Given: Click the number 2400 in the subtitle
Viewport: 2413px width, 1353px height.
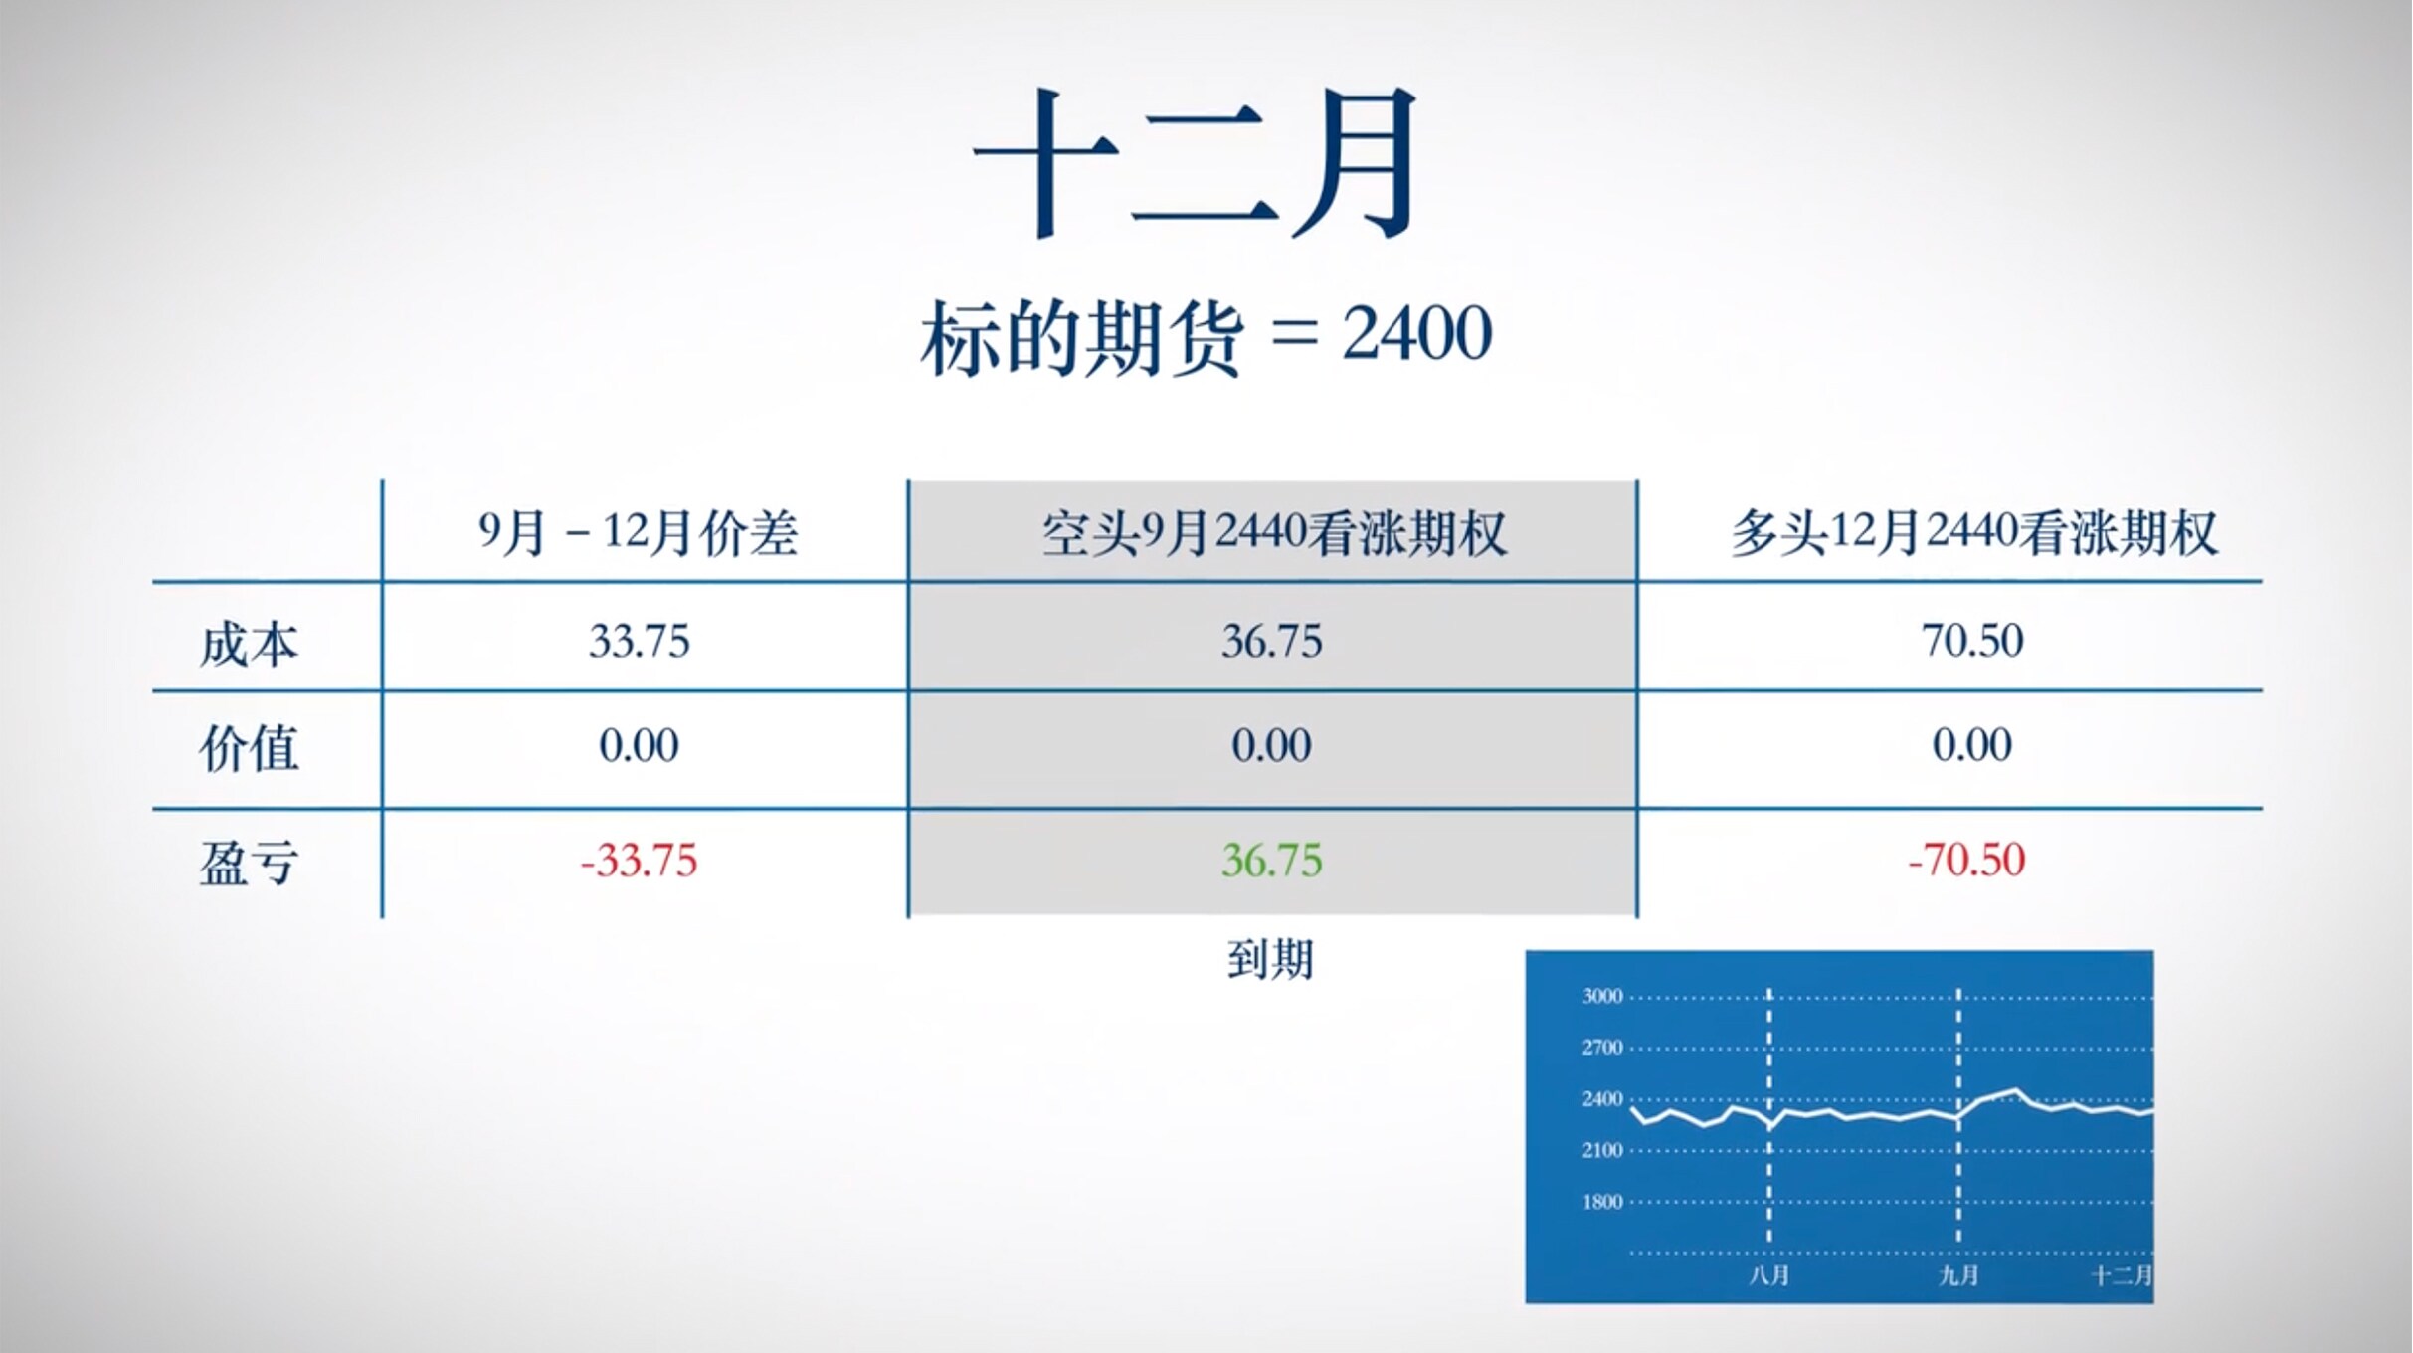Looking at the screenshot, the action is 1417,334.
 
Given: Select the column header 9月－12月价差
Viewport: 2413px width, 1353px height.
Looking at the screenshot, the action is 639,533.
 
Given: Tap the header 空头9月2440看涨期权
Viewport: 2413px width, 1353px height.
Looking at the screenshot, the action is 1274,533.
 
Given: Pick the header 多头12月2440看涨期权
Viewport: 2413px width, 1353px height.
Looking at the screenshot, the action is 1974,533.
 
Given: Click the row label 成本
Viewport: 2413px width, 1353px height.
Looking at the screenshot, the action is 249,644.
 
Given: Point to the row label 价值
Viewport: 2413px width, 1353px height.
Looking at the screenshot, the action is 249,748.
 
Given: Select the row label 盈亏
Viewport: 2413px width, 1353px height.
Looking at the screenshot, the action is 249,863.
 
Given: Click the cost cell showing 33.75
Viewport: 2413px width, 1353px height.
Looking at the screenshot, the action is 639,641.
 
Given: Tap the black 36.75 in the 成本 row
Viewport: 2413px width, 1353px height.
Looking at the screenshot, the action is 1272,641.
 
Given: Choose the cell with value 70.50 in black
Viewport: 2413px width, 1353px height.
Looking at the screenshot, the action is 1972,640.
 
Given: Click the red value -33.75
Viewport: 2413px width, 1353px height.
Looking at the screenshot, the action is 639,861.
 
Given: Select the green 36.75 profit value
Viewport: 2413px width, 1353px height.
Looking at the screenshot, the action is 1272,861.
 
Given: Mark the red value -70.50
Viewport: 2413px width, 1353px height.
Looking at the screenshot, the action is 1966,861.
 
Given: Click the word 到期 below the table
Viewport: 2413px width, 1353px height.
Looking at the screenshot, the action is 1270,960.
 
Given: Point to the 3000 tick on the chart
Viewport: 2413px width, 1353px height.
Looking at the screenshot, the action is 1602,996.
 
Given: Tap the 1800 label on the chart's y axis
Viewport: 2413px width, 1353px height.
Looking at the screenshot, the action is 1602,1202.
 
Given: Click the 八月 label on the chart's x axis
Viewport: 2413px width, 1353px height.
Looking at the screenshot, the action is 1769,1275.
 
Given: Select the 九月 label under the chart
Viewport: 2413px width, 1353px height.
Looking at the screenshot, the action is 1959,1275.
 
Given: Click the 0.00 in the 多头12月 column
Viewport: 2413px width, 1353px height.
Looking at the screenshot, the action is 1972,745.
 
